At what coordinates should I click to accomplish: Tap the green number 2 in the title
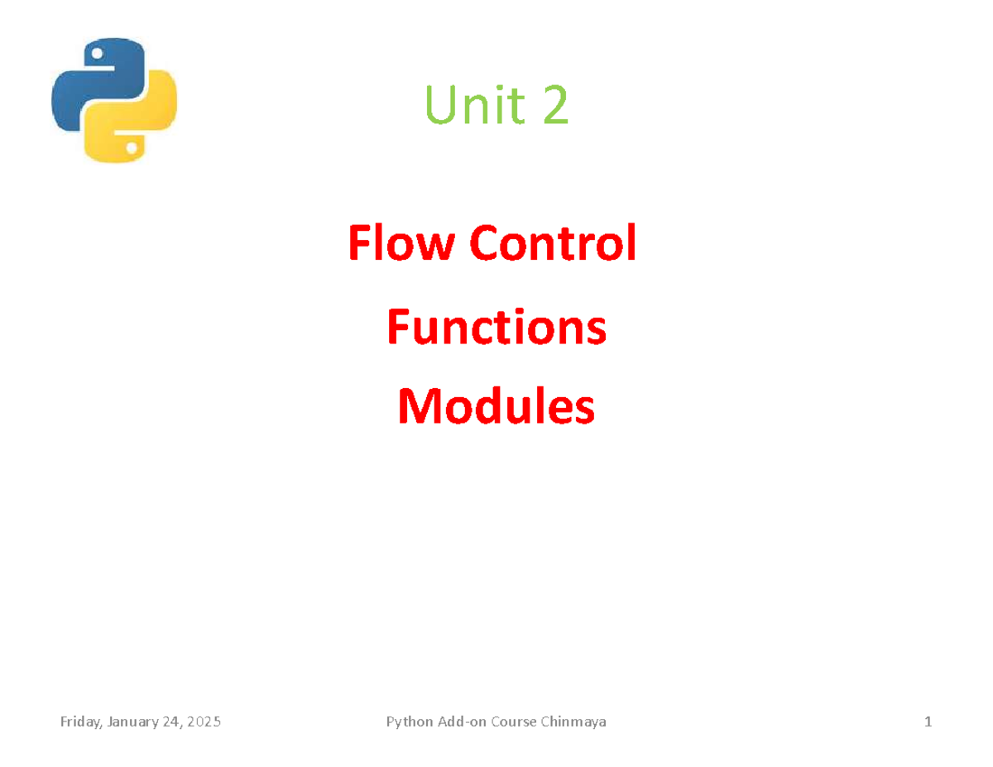[556, 107]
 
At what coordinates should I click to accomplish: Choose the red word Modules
[496, 407]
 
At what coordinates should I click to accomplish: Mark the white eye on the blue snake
[98, 55]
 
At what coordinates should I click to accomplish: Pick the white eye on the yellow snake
[131, 147]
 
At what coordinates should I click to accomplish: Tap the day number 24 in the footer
[171, 722]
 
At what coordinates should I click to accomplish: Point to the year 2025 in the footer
[204, 722]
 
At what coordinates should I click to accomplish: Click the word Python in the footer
[408, 722]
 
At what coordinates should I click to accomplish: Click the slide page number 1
[928, 722]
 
